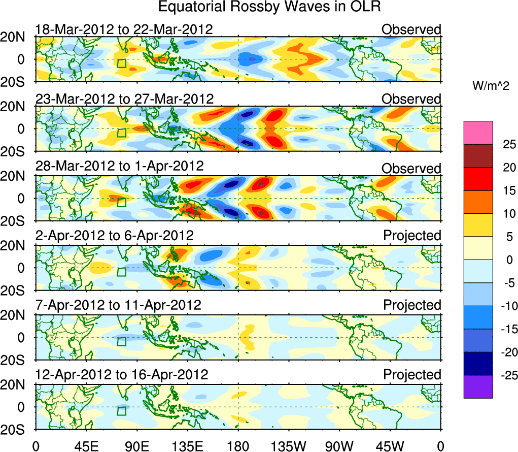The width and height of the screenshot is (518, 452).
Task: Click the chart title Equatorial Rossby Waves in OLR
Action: pos(269,7)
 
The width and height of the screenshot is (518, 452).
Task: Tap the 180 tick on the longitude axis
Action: pos(238,445)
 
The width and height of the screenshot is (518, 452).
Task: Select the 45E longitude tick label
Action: pos(85,445)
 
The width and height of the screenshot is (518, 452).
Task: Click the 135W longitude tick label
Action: pos(289,445)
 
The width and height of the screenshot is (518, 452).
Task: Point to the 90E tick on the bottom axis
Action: pos(136,445)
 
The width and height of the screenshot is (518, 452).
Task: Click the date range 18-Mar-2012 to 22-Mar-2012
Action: pos(124,29)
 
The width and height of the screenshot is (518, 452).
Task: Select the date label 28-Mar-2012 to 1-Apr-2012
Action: pos(119,166)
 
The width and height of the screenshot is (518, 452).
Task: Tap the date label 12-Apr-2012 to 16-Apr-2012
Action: pos(122,375)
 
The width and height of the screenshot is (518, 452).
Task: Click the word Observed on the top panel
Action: pos(411,29)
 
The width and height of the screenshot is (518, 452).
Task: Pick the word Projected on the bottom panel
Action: pos(412,375)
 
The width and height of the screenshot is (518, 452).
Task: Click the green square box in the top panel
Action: pos(121,63)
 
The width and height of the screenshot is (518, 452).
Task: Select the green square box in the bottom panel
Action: pos(121,411)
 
